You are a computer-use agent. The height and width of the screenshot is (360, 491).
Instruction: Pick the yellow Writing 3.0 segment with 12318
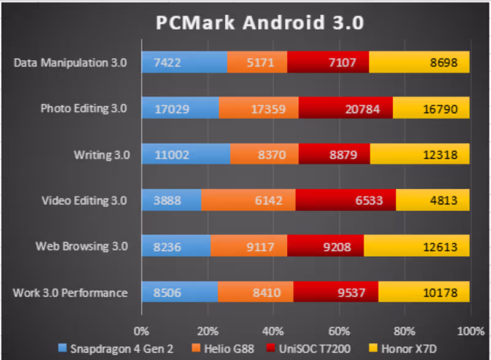click(x=420, y=155)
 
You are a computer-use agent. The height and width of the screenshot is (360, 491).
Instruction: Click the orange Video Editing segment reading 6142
click(x=248, y=201)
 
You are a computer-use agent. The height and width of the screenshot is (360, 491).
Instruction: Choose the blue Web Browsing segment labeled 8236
click(x=176, y=247)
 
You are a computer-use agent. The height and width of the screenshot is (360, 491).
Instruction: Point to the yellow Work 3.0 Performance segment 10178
click(x=423, y=292)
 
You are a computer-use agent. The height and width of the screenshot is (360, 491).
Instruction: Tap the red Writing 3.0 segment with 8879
click(x=334, y=155)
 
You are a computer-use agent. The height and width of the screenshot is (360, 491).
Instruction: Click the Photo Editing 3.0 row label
click(x=83, y=109)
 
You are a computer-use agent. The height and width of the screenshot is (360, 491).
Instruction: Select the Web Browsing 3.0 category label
click(x=82, y=247)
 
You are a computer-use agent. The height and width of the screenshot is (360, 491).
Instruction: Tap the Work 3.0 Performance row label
click(x=70, y=292)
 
